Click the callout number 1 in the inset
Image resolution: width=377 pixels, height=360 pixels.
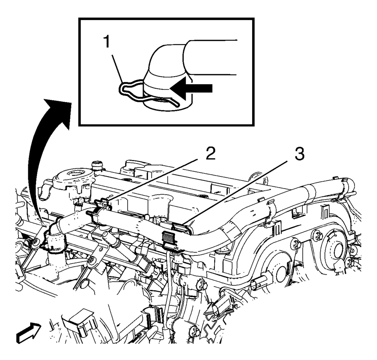[x=106, y=42]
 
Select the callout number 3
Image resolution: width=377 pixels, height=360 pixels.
[x=299, y=154]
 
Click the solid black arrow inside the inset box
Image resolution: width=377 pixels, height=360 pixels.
[x=191, y=88]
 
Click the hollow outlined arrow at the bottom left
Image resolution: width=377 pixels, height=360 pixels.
[x=29, y=332]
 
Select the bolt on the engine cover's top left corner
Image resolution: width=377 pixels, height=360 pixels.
[x=97, y=165]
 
